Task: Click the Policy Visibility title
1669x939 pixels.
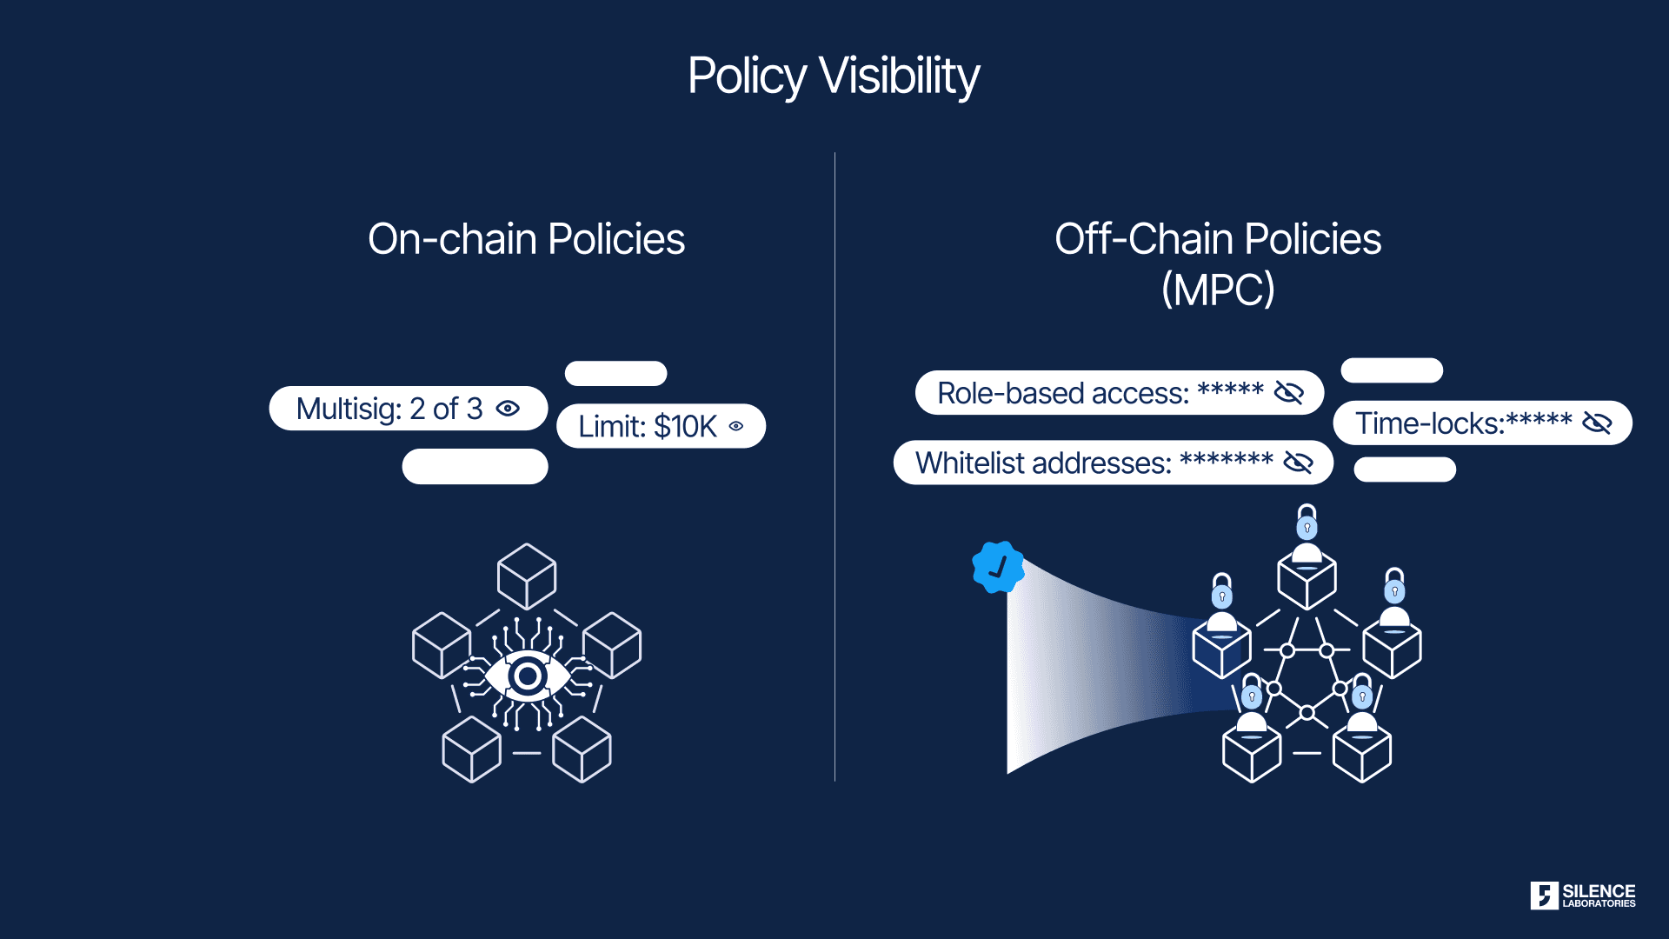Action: [834, 76]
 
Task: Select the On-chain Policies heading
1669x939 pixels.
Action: [526, 239]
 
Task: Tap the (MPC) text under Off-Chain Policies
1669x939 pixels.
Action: [1218, 290]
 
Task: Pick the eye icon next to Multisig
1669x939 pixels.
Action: [508, 409]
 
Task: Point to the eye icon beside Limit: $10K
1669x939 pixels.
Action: [736, 426]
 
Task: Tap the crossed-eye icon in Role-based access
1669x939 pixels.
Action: [1288, 393]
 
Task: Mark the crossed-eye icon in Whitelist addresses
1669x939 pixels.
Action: [1298, 463]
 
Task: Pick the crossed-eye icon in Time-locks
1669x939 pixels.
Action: [1597, 423]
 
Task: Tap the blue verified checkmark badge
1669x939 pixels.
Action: [998, 568]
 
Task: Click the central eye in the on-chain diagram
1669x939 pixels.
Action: [527, 676]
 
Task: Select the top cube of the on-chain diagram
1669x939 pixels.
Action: [527, 576]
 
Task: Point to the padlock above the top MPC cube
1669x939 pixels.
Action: [1307, 522]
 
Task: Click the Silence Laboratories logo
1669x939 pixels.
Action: [1582, 896]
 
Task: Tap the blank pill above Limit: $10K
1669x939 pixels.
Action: [615, 373]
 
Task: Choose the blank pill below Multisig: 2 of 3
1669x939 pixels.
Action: [475, 466]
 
